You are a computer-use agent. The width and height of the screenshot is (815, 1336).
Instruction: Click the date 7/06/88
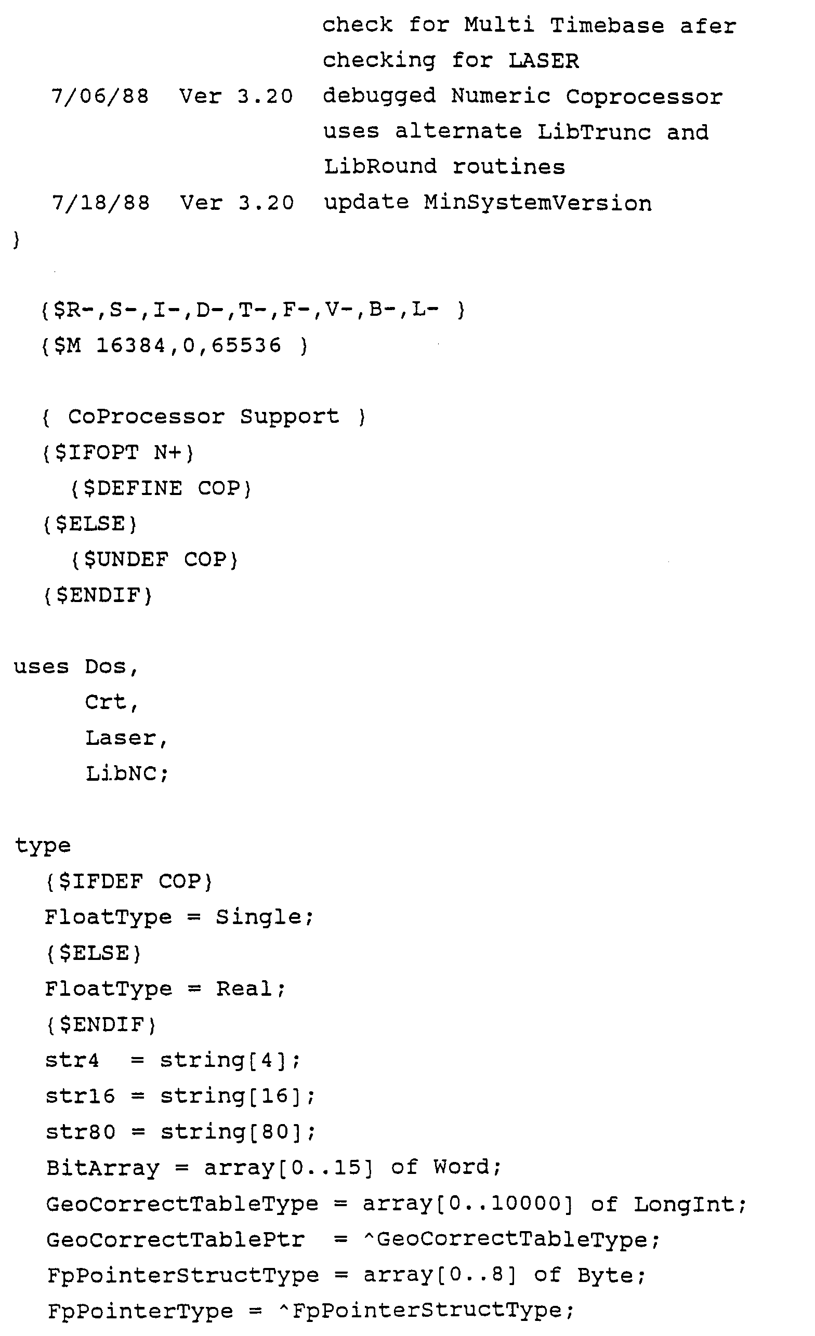pos(100,96)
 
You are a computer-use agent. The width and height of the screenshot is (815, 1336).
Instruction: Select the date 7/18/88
pos(100,203)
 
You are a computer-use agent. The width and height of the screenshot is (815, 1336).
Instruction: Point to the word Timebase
pos(607,25)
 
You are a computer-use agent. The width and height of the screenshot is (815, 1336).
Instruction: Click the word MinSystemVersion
pos(537,203)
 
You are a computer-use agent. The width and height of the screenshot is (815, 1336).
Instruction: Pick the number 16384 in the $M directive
pos(131,345)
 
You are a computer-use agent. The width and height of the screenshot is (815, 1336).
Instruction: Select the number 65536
pos(246,345)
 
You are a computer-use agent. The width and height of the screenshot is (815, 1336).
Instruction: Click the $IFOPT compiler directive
pos(98,452)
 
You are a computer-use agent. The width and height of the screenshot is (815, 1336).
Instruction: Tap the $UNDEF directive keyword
pos(126,559)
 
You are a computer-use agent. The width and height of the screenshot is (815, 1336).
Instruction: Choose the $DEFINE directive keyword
pos(133,488)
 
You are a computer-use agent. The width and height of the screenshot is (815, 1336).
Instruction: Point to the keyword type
pos(42,846)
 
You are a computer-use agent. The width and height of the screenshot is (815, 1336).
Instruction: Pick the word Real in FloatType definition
pos(245,989)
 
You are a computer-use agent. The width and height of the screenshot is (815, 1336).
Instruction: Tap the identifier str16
pos(81,1096)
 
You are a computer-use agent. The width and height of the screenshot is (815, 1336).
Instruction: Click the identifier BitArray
pos(102,1167)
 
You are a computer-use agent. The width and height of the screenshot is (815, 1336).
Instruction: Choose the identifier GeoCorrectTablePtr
pos(175,1239)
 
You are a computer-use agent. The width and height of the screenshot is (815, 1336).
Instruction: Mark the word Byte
pos(604,1275)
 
